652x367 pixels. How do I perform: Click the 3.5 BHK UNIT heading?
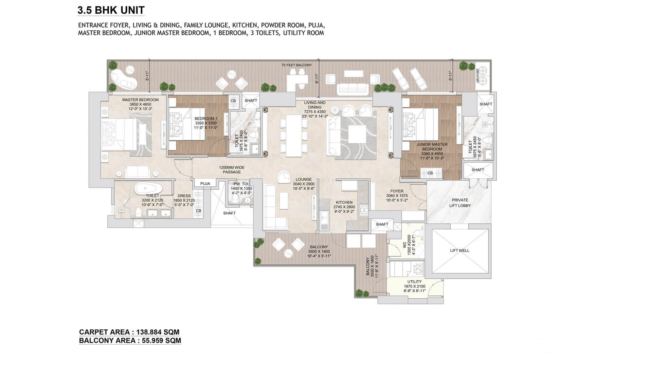point(111,10)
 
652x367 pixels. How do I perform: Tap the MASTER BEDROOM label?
point(140,100)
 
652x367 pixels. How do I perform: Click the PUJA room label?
point(205,183)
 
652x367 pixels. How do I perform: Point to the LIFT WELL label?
point(459,251)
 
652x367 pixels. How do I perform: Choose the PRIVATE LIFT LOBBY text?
point(460,203)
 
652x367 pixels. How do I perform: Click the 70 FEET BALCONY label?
point(296,65)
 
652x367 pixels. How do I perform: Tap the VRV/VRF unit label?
point(478,75)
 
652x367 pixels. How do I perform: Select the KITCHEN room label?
point(344,203)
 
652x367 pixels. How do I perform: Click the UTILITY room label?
point(414,282)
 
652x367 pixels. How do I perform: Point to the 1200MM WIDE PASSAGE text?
point(232,170)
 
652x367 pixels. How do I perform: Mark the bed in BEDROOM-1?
point(187,124)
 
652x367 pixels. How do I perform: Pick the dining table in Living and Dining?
point(294,136)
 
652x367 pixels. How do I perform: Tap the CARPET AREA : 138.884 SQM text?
point(129,332)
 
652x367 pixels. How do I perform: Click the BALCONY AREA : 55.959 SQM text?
point(130,340)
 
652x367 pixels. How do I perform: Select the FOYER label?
point(397,191)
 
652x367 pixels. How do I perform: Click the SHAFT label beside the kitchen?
point(382,224)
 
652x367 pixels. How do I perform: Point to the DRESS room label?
point(184,196)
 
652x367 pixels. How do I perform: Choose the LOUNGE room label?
point(303,179)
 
